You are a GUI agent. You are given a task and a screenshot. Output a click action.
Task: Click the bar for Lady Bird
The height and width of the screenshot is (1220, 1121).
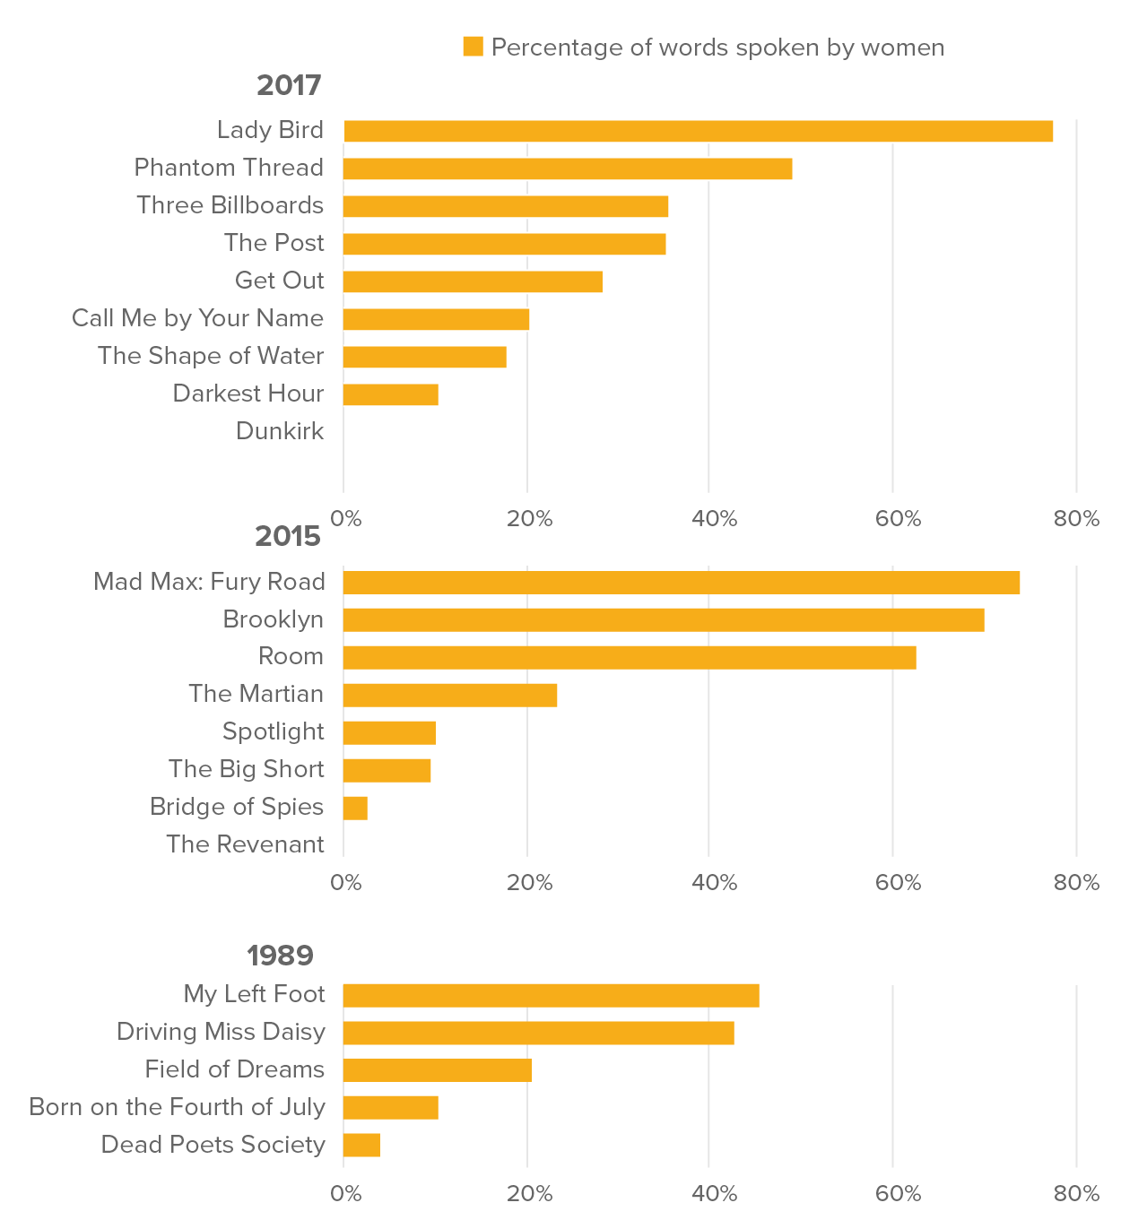pos(698,131)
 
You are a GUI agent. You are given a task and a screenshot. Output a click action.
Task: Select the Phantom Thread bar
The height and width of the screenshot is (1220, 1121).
pos(568,169)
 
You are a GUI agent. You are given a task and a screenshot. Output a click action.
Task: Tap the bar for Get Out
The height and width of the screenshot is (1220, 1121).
pos(473,281)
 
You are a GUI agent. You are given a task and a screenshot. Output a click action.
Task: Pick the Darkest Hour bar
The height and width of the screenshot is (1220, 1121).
pos(391,394)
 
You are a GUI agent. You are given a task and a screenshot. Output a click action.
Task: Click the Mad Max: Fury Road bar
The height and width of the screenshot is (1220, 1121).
pos(682,583)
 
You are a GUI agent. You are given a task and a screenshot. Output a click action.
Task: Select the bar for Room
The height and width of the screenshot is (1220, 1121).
pos(630,657)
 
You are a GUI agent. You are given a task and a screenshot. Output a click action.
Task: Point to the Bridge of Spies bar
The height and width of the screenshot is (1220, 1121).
pos(355,808)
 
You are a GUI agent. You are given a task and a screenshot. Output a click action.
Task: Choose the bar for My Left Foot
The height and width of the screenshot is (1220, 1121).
pos(551,995)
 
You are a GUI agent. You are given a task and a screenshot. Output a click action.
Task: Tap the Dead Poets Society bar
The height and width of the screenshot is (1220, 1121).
pos(361,1146)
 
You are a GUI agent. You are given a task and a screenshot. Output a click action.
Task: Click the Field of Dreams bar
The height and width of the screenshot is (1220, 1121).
pos(438,1070)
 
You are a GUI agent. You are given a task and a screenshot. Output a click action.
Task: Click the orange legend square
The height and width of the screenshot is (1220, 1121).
pos(473,47)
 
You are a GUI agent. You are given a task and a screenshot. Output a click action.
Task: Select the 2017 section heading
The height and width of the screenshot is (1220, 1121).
pos(289,85)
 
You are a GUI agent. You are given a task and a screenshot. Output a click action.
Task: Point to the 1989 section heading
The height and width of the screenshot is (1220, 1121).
pos(280,956)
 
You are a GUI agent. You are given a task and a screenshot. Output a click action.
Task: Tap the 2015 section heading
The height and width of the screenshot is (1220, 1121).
pos(288,536)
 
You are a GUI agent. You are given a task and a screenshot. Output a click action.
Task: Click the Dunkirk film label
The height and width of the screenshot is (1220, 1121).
pos(280,431)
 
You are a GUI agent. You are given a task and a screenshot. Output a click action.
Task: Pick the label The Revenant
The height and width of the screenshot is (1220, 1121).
pos(245,844)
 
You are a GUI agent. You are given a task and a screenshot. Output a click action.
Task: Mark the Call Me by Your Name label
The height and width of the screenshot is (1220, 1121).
pos(197,318)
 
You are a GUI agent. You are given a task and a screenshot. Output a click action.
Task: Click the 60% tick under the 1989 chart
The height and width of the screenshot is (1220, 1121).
pos(898,1194)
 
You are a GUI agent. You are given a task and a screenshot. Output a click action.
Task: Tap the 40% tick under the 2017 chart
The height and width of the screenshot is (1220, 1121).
pos(714,519)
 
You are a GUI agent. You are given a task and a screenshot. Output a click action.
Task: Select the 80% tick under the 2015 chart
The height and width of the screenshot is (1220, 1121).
pos(1076,883)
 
